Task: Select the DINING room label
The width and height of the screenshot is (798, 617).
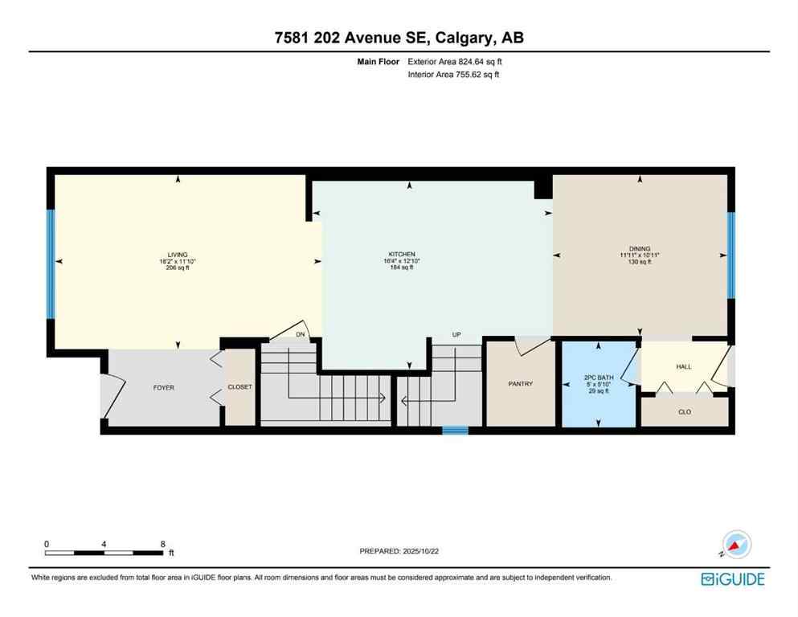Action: (640, 249)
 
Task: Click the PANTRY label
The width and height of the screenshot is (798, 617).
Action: (521, 384)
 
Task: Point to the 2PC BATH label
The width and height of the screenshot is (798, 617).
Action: (598, 378)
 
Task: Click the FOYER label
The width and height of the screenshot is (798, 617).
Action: (164, 388)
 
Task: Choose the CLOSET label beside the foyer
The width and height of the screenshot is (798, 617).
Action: (239, 387)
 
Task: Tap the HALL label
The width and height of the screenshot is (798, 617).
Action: (683, 367)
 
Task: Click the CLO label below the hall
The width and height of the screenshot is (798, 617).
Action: (685, 411)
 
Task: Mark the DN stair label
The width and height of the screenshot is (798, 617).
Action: (301, 334)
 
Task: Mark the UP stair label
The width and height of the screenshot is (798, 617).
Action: (456, 334)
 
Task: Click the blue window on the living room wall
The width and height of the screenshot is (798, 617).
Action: (51, 264)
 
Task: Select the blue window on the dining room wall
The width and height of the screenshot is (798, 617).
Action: (730, 255)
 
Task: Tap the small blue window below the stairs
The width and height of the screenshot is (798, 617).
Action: (455, 430)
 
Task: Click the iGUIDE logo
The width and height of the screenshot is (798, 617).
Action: (732, 578)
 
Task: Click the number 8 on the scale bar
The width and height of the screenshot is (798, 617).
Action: (163, 543)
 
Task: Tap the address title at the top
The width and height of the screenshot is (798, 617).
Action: (399, 38)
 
